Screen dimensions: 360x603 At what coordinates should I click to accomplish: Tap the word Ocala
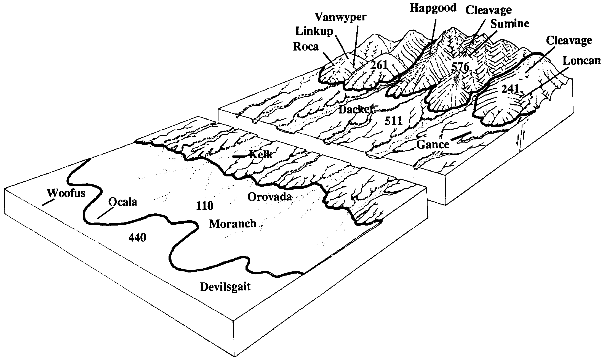pyautogui.click(x=122, y=202)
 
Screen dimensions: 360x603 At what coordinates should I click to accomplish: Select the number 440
pyautogui.click(x=137, y=237)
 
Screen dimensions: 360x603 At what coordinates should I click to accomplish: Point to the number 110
pyautogui.click(x=204, y=206)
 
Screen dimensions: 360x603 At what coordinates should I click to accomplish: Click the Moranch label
pyautogui.click(x=233, y=223)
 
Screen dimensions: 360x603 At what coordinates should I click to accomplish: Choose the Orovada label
pyautogui.click(x=270, y=197)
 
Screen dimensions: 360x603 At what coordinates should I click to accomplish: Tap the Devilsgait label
pyautogui.click(x=225, y=287)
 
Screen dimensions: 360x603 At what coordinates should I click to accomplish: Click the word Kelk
pyautogui.click(x=260, y=154)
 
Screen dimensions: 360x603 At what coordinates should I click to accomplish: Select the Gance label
pyautogui.click(x=433, y=144)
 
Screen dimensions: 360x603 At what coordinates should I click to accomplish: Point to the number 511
pyautogui.click(x=394, y=120)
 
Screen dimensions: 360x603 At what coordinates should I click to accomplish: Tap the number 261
pyautogui.click(x=379, y=65)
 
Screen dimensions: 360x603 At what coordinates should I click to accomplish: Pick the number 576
pyautogui.click(x=460, y=67)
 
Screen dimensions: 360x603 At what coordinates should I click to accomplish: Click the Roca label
pyautogui.click(x=306, y=47)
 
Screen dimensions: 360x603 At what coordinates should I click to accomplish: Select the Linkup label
pyautogui.click(x=314, y=31)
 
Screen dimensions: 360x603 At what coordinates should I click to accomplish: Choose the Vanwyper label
pyautogui.click(x=341, y=17)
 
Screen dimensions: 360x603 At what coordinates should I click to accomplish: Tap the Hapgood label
pyautogui.click(x=433, y=8)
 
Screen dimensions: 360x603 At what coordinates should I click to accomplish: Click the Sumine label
pyautogui.click(x=510, y=24)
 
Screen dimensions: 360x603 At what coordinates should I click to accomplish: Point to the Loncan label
pyautogui.click(x=581, y=60)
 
